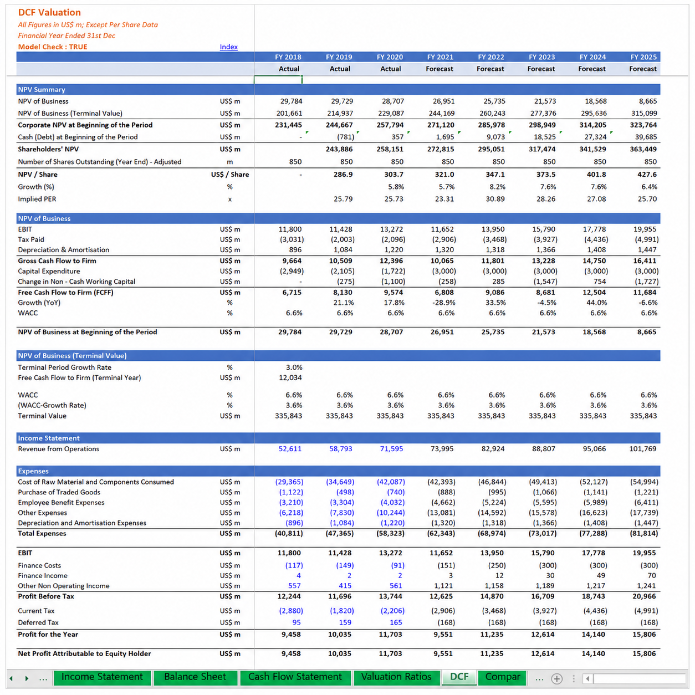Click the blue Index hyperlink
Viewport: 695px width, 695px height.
(x=228, y=47)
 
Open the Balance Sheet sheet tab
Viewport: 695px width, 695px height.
(x=195, y=677)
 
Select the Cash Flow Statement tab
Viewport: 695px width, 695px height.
(x=295, y=677)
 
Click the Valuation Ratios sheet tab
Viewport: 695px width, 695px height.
(x=396, y=677)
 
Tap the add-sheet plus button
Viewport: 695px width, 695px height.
(x=556, y=679)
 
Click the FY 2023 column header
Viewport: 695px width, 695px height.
(x=541, y=57)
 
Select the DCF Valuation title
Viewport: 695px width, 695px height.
(x=49, y=12)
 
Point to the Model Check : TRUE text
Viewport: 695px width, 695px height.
(x=53, y=47)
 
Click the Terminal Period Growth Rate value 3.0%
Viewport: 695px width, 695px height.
(x=294, y=367)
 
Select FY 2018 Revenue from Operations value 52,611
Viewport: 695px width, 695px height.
(x=290, y=449)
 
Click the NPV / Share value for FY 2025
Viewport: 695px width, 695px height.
(x=647, y=175)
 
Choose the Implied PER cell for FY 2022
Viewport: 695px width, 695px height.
(x=495, y=199)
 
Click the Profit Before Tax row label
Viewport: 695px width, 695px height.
(x=46, y=596)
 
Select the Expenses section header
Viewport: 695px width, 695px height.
(x=33, y=471)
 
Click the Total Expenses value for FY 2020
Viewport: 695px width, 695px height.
(x=390, y=533)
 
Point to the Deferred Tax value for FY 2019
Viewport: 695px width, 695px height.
(x=345, y=622)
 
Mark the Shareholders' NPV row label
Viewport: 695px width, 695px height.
(x=48, y=149)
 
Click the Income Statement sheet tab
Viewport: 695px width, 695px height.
(x=102, y=677)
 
